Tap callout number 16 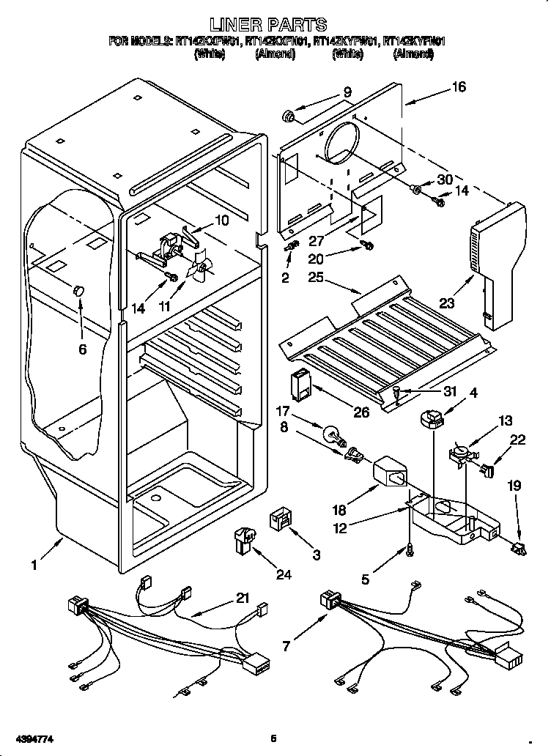coord(458,87)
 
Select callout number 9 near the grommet coord(347,92)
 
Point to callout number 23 coord(446,301)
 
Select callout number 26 coord(360,412)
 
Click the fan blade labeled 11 coord(199,270)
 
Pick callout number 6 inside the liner coord(82,349)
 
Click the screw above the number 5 coord(408,546)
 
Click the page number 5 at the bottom coord(273,738)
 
